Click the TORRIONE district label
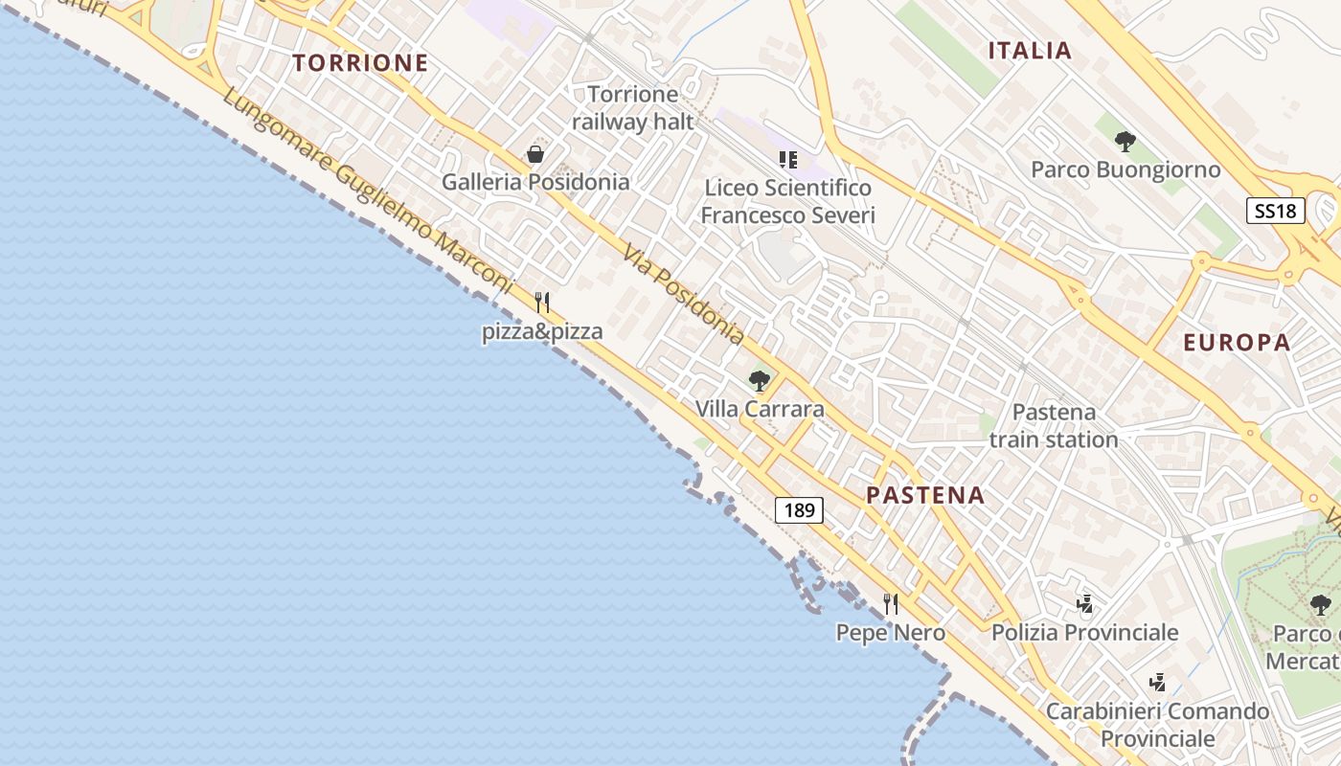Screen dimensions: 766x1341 [360, 63]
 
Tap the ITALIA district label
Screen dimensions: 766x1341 [1030, 51]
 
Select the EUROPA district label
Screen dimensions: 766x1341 [1237, 342]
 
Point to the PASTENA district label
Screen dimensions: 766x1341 [925, 495]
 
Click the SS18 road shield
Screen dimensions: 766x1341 [1276, 211]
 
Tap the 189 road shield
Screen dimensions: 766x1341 [799, 510]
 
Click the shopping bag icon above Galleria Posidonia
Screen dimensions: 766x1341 [535, 154]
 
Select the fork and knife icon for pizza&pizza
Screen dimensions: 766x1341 [542, 303]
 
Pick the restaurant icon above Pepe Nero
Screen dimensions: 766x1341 [891, 603]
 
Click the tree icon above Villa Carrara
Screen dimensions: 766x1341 [760, 381]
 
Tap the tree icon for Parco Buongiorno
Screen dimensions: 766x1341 [1125, 142]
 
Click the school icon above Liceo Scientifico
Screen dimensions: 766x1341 [788, 159]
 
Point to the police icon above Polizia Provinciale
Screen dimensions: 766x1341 [1084, 604]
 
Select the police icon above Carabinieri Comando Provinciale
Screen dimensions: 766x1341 [1157, 683]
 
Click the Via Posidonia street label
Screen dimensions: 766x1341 [683, 294]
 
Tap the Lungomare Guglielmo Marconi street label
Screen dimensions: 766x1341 [369, 191]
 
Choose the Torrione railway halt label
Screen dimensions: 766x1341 [632, 108]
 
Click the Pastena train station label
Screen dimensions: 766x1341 [1054, 426]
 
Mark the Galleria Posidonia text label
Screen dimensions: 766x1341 [535, 182]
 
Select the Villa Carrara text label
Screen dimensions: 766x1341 [760, 409]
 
